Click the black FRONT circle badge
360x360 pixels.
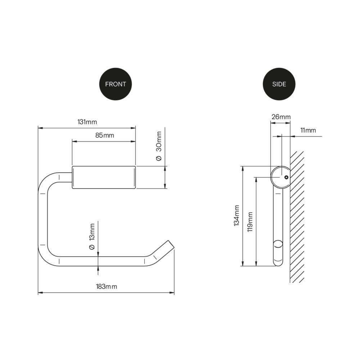click(115, 84)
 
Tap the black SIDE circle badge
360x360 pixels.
click(279, 84)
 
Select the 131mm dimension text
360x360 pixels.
click(87, 122)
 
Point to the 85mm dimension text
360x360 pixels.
click(104, 135)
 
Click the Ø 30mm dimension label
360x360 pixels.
click(158, 146)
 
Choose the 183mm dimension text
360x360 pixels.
click(106, 287)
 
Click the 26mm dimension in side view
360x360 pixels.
click(280, 117)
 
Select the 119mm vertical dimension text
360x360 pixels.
click(250, 221)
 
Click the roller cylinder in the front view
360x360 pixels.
click(104, 177)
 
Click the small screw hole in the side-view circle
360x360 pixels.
click(286, 177)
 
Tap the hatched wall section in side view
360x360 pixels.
click(297, 216)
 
